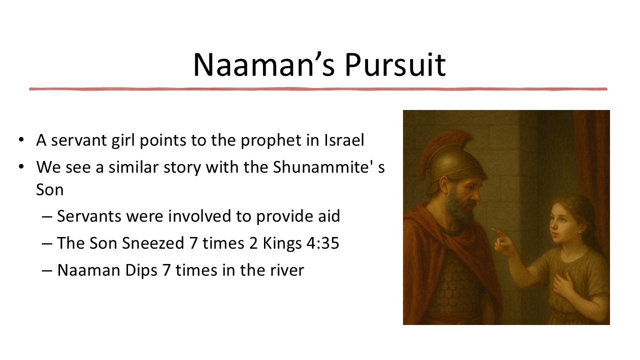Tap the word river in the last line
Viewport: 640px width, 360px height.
point(286,270)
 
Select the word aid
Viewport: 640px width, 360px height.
point(327,216)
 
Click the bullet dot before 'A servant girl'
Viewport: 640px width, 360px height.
point(21,140)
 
